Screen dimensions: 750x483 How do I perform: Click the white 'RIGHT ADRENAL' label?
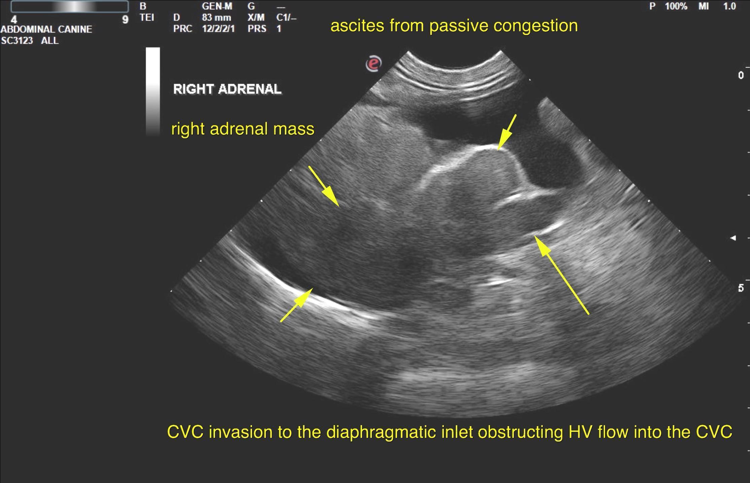pos(227,89)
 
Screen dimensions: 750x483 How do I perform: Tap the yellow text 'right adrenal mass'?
pos(243,129)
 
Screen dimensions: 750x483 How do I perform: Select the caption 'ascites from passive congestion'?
pos(454,26)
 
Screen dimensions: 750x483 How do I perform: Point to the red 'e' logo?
pos(373,63)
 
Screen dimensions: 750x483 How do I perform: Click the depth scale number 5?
pos(741,288)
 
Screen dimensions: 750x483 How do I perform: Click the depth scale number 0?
pos(741,75)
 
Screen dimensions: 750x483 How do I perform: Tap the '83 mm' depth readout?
pos(216,17)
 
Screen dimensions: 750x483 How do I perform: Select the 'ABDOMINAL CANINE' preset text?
pos(46,29)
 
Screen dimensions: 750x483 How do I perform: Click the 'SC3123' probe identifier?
pos(17,41)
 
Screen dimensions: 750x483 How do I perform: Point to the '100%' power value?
pos(676,6)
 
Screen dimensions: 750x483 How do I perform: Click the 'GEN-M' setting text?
pos(217,6)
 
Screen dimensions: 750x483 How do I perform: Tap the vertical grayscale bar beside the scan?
pos(153,91)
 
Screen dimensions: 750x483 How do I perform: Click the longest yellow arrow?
pos(562,275)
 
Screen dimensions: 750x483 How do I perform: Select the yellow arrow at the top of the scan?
pos(507,132)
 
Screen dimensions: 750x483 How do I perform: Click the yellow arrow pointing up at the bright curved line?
pos(297,305)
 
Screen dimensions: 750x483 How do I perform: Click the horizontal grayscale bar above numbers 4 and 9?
pos(70,6)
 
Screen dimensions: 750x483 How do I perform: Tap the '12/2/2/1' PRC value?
pos(218,29)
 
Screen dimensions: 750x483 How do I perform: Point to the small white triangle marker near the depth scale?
pos(733,238)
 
